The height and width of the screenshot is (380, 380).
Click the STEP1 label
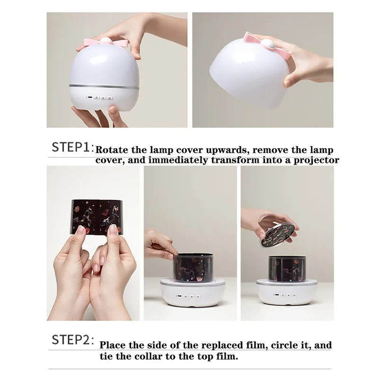72,147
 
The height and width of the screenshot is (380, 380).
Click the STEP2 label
73,339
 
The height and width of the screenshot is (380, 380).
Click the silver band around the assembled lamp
104,86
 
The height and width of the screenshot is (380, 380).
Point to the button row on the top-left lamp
100,98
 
